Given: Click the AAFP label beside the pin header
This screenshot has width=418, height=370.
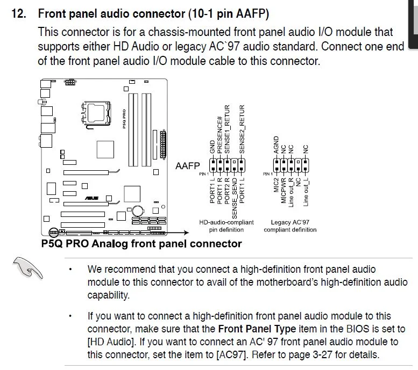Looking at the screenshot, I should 187,166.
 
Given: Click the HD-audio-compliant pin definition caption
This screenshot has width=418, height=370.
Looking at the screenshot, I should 226,226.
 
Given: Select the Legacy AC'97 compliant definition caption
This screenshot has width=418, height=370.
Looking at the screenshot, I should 290,226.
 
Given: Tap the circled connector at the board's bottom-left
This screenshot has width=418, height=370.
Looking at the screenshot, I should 53,233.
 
